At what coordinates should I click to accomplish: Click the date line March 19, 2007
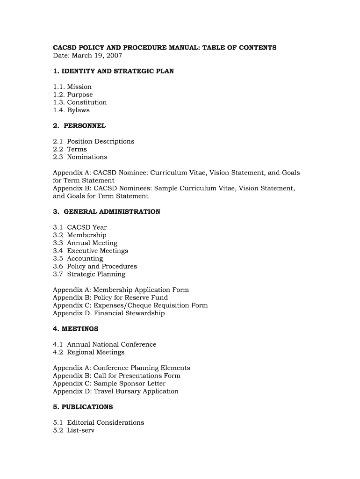(87, 56)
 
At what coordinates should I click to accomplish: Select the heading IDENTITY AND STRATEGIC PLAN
(113, 71)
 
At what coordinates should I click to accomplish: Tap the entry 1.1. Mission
(72, 87)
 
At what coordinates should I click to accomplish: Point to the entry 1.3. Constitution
(80, 102)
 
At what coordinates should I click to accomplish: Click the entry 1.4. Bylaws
(71, 110)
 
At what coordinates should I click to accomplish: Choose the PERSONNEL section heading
(79, 126)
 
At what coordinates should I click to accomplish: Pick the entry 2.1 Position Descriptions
(94, 141)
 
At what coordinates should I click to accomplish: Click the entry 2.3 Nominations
(80, 157)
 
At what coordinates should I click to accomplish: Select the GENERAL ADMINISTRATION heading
(107, 212)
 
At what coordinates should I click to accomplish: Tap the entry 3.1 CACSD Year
(80, 227)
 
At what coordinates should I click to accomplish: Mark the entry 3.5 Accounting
(78, 259)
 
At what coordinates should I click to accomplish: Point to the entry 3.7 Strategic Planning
(89, 274)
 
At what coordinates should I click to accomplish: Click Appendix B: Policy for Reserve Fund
(110, 298)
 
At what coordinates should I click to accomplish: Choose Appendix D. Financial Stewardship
(109, 313)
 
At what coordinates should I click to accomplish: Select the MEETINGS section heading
(76, 329)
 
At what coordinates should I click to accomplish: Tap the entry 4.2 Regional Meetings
(89, 352)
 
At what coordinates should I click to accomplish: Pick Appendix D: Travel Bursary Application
(115, 392)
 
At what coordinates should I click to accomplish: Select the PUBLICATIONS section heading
(83, 407)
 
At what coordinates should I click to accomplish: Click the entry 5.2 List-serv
(74, 430)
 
